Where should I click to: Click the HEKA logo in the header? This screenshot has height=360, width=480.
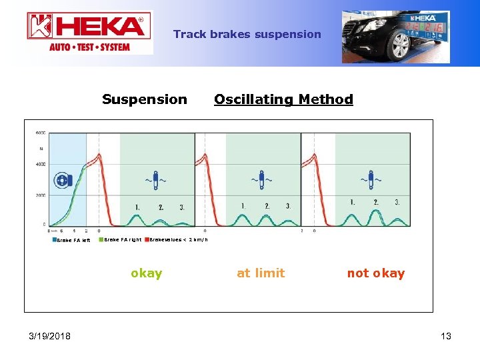[x=89, y=32]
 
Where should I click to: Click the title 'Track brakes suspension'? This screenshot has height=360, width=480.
[x=247, y=34]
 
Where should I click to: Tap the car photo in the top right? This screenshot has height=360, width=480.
[x=396, y=37]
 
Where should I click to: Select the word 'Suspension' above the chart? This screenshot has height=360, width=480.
[x=145, y=99]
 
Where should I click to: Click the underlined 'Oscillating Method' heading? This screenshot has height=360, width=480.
[x=283, y=99]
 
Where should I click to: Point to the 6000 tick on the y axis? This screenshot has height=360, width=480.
[x=40, y=133]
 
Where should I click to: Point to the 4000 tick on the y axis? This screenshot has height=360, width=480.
[x=40, y=164]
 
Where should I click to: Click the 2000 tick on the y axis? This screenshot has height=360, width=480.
[x=40, y=195]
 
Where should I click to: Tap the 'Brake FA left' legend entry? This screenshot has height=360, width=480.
[x=72, y=240]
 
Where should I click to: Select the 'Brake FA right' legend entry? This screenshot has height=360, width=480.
[x=121, y=239]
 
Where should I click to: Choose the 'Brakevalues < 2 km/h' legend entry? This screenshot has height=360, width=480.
[x=177, y=239]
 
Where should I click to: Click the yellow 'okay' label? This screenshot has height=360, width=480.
[x=147, y=273]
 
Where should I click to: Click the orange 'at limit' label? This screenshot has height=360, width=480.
[x=261, y=273]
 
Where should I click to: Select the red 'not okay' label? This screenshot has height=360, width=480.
[x=375, y=273]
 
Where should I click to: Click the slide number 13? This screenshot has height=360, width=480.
[x=445, y=336]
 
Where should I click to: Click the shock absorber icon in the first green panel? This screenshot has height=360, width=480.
[x=156, y=180]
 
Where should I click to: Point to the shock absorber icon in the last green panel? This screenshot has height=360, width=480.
[x=372, y=180]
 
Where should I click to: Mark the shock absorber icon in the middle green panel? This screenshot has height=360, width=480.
[x=262, y=180]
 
